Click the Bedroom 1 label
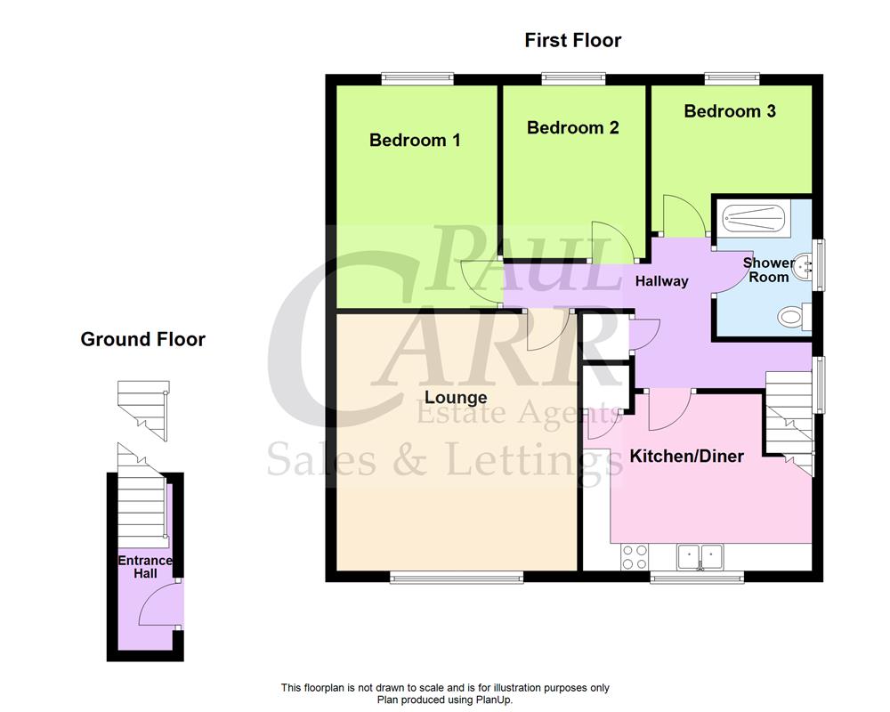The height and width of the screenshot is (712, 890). pos(415,141)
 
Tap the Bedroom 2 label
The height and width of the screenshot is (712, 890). pos(572,128)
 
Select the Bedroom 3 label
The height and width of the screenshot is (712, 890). pos(730,111)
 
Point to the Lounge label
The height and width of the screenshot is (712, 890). pos(456,398)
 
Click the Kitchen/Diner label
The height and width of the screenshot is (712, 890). pos(686,457)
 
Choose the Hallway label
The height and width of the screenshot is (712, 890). pos(661,281)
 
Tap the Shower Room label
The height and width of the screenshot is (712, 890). pos(768,270)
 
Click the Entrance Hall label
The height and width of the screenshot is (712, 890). pos(145,567)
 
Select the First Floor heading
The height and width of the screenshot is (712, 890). pos(572,40)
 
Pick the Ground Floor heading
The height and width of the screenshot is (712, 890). pos(142,339)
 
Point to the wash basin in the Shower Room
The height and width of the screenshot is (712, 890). pos(805,264)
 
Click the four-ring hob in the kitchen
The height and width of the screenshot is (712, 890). pos(634,556)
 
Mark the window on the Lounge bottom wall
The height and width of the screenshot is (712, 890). pos(456,578)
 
